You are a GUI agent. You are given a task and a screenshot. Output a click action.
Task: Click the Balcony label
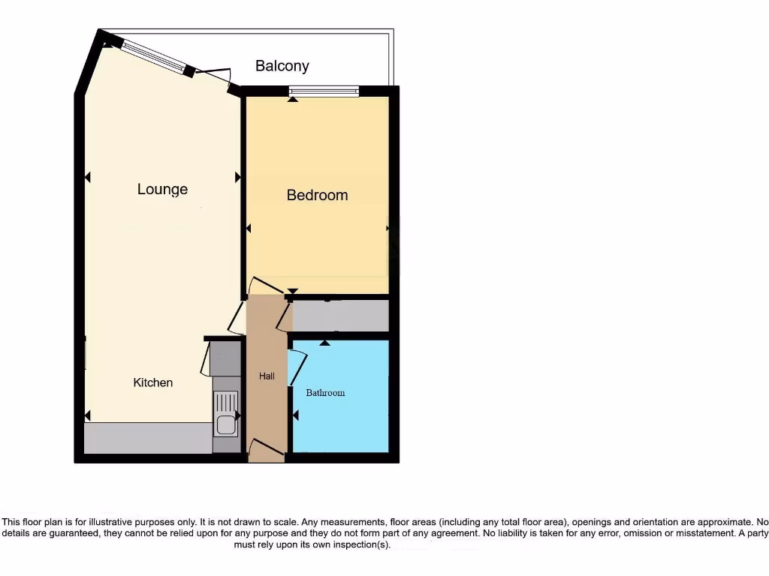coord(282,66)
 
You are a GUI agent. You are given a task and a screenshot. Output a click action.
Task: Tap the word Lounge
coord(162,190)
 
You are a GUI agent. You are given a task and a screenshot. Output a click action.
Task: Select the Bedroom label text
coord(317,195)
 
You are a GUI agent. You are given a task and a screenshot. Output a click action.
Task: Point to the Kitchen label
coord(153,382)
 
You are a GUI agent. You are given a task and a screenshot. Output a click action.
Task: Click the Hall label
coord(267,376)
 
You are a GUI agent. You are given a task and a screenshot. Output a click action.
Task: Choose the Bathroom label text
coord(325,392)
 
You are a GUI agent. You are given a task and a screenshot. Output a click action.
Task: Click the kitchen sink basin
coord(225,425)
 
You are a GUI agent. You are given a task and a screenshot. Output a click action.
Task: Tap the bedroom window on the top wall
coord(324,91)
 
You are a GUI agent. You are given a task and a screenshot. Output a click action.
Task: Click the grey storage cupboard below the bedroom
coord(339,316)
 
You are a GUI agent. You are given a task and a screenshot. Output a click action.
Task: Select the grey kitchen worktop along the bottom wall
coord(147,438)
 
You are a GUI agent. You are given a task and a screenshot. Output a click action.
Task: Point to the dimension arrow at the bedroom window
coord(293,100)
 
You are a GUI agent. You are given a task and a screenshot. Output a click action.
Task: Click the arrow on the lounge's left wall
coord(87,178)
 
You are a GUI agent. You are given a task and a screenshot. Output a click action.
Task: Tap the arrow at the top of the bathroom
coord(324,343)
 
